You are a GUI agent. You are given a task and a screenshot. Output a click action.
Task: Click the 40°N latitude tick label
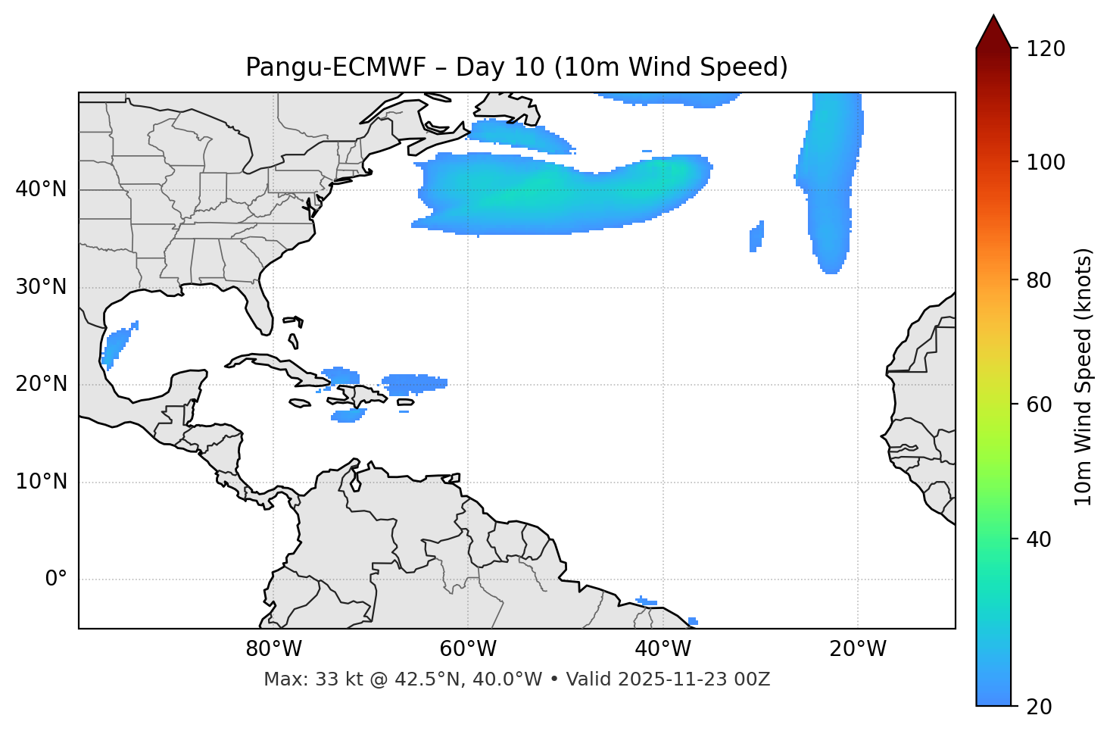[41, 189]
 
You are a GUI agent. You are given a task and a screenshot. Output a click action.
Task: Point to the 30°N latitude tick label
[41, 287]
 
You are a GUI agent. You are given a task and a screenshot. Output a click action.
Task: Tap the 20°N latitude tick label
[41, 384]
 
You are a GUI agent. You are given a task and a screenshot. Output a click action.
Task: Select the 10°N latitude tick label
[41, 482]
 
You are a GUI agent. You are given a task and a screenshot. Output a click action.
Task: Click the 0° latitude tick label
[56, 579]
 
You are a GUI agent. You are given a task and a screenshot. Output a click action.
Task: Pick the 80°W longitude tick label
[273, 649]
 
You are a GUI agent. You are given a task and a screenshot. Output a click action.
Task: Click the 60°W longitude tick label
[468, 649]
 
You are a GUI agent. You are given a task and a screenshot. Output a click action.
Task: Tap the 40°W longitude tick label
[663, 649]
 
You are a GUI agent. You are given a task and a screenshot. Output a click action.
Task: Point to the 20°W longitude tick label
[857, 649]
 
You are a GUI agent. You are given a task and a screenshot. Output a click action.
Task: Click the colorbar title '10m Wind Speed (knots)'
[1083, 377]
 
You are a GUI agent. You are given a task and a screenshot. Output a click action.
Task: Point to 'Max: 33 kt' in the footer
[298, 679]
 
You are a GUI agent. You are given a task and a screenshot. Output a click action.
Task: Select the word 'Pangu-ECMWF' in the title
[341, 67]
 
